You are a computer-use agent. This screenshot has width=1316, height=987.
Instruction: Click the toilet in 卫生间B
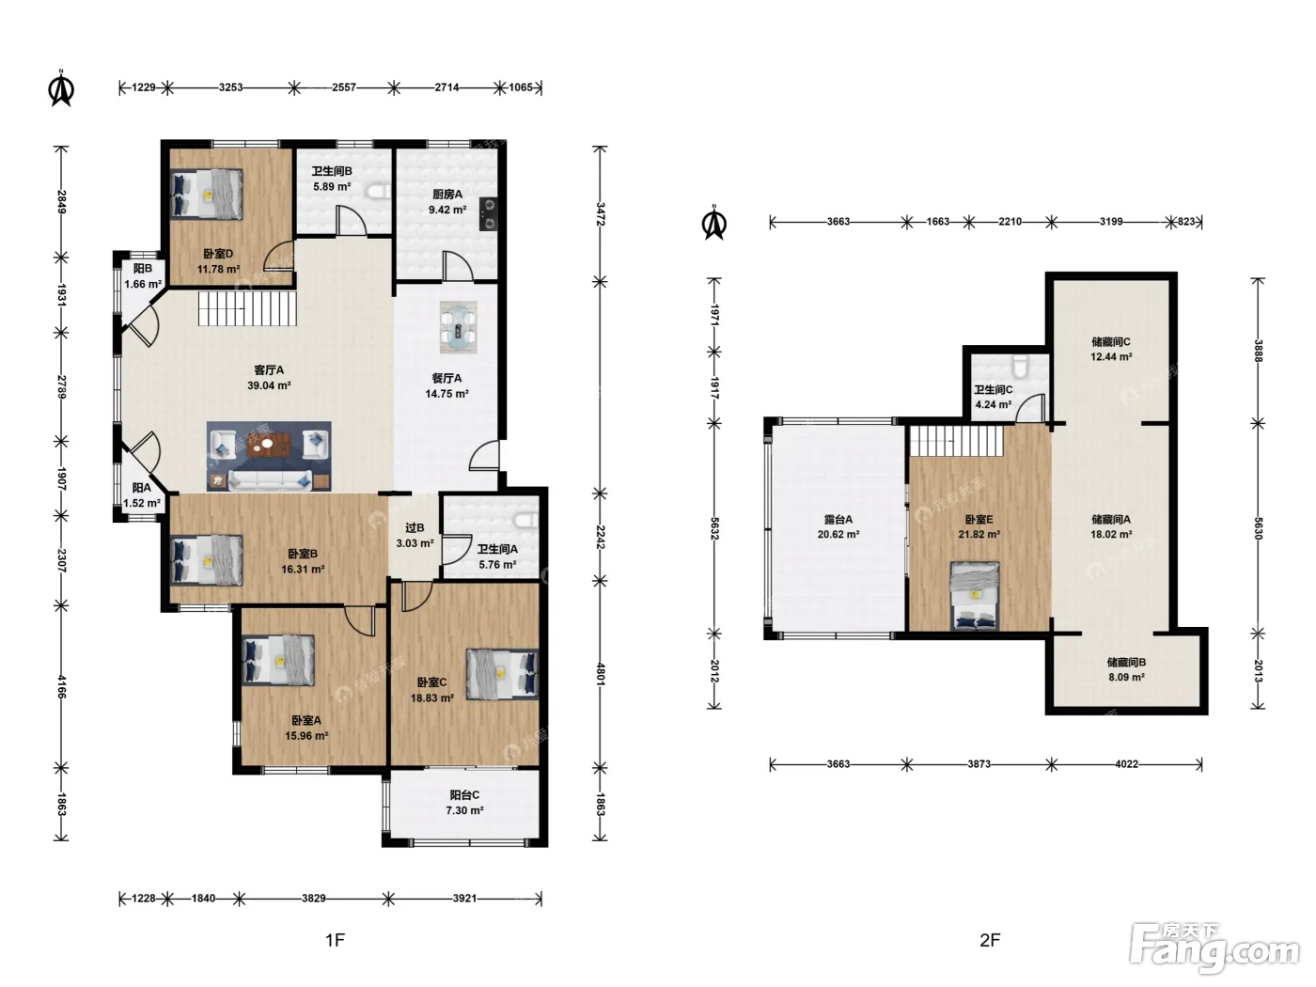click(379, 192)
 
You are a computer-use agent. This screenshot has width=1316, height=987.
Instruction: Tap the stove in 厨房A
click(488, 215)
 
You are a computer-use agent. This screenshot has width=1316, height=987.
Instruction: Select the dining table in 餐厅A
click(458, 327)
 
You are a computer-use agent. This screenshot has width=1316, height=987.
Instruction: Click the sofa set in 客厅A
click(269, 456)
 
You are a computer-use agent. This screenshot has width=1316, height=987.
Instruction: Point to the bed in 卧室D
click(207, 195)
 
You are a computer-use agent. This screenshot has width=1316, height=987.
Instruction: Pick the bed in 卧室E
click(975, 595)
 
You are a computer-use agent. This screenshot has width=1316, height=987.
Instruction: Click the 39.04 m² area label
click(269, 385)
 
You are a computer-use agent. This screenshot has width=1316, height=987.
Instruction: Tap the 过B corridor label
click(415, 527)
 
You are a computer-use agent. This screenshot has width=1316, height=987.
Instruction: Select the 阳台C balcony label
click(464, 794)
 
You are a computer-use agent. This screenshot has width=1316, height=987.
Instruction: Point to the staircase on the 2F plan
click(956, 441)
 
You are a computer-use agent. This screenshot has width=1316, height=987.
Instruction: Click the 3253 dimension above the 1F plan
click(231, 87)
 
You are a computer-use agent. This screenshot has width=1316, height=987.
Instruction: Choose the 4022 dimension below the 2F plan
click(1126, 763)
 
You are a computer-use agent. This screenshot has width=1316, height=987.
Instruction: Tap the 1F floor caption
click(336, 940)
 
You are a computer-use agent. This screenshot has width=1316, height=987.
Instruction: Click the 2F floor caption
click(990, 940)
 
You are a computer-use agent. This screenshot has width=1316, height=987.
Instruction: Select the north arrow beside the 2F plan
click(714, 223)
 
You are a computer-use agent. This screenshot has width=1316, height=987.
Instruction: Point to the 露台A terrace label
click(838, 519)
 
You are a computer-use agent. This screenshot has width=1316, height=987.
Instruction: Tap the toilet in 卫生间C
click(1020, 364)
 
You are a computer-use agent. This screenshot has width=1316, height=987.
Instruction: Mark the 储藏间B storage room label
click(1126, 662)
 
